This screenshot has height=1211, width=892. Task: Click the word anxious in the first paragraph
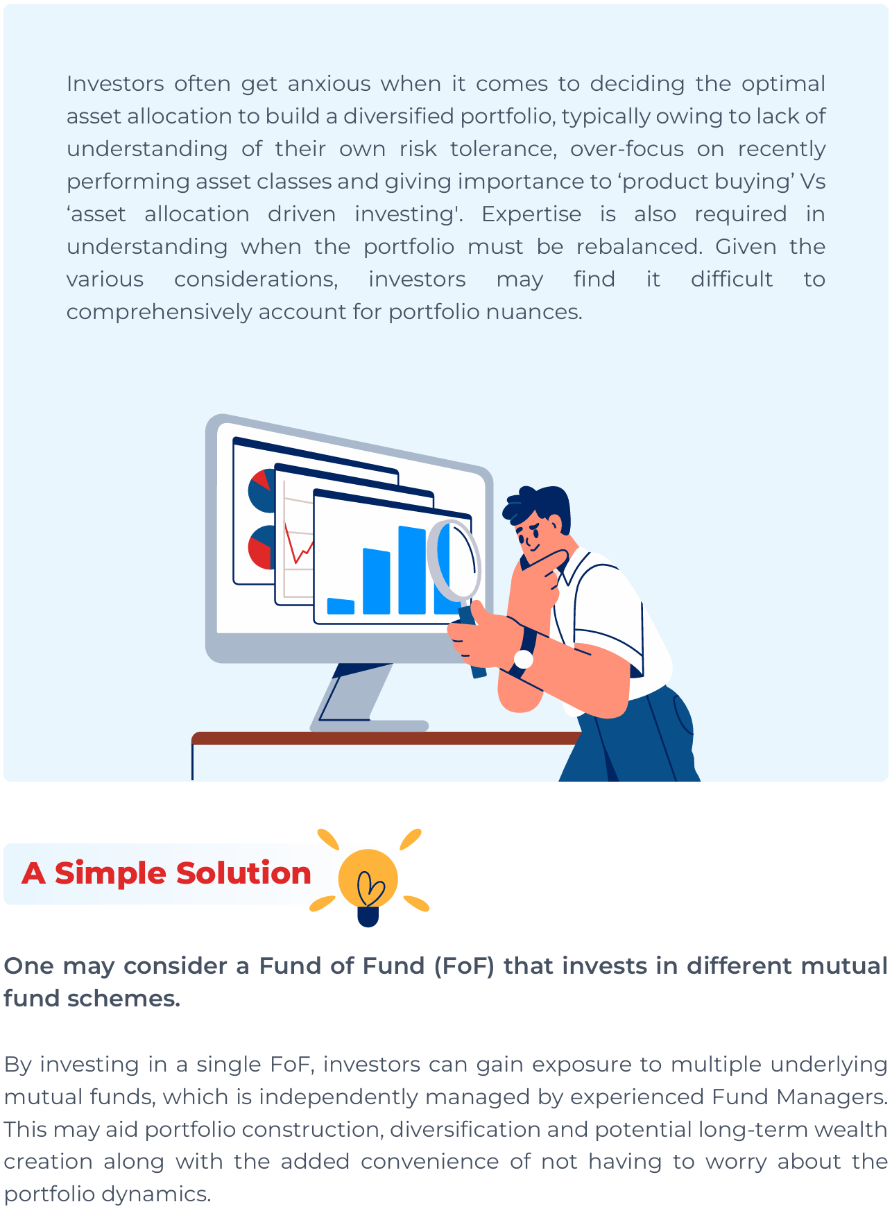point(329,84)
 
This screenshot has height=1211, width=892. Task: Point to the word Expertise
point(531,214)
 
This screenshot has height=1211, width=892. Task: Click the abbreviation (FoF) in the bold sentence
point(464,966)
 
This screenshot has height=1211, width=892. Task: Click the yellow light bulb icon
point(368,885)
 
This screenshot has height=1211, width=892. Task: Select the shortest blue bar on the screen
point(341,607)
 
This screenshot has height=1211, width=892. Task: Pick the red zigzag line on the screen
point(298,544)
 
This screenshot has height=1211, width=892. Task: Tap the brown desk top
point(386,738)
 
